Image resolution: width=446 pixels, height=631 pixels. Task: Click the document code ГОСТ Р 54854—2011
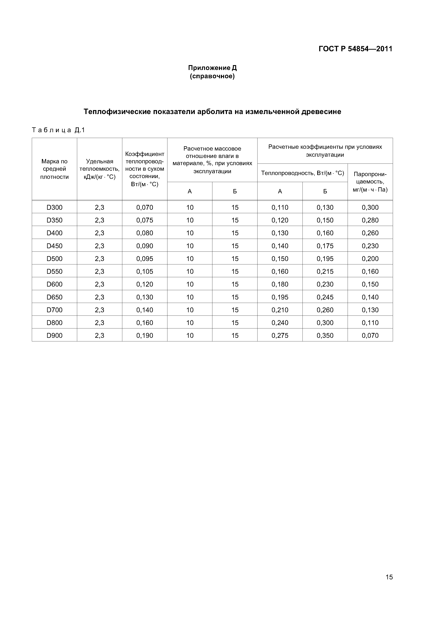point(355,49)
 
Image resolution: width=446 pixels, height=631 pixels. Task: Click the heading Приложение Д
point(212,68)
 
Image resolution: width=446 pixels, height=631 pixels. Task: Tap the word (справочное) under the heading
point(212,76)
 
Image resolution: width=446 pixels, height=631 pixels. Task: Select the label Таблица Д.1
point(58,130)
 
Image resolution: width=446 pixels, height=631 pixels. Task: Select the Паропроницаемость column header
point(370,182)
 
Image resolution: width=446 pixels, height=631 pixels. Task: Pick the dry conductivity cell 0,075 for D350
point(145,220)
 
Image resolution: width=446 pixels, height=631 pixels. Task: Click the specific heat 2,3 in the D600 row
point(99,284)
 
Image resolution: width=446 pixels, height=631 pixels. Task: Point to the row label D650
point(54,297)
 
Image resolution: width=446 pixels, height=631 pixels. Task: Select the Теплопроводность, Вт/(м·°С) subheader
point(302,173)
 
